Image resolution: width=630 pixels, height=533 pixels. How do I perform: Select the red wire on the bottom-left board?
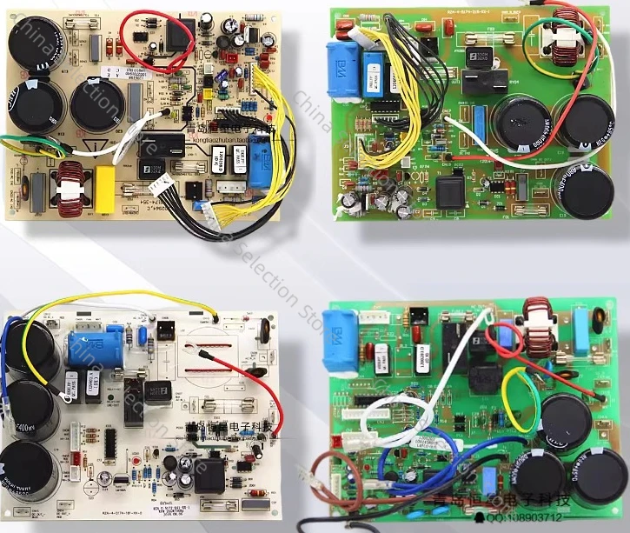click(x=261, y=383)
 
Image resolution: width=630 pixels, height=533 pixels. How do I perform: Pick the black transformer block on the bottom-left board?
click(x=208, y=474)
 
